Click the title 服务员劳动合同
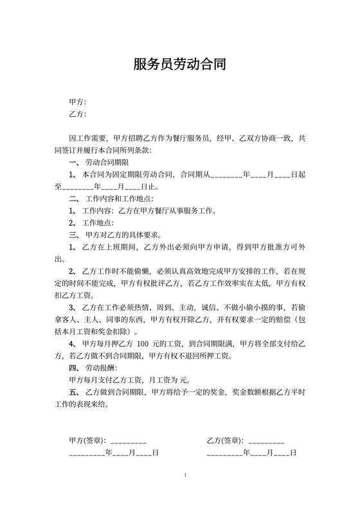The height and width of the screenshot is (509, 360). pyautogui.click(x=179, y=64)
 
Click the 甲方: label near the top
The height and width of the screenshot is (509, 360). pyautogui.click(x=77, y=102)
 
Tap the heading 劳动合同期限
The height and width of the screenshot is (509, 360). pyautogui.click(x=107, y=162)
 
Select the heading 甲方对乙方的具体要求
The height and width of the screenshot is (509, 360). pyautogui.click(x=119, y=235)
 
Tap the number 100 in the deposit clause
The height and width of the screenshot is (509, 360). pyautogui.click(x=152, y=344)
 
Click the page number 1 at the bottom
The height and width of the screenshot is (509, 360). pyautogui.click(x=185, y=475)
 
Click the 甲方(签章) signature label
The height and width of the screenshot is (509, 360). pyautogui.click(x=87, y=440)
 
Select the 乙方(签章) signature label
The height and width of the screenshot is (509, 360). pyautogui.click(x=225, y=440)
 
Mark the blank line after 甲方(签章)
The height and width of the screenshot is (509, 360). pyautogui.click(x=129, y=442)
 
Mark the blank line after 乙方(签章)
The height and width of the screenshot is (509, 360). pyautogui.click(x=265, y=442)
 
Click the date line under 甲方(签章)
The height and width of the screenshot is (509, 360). pyautogui.click(x=113, y=453)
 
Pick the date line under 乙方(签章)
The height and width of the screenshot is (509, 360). pyautogui.click(x=251, y=453)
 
